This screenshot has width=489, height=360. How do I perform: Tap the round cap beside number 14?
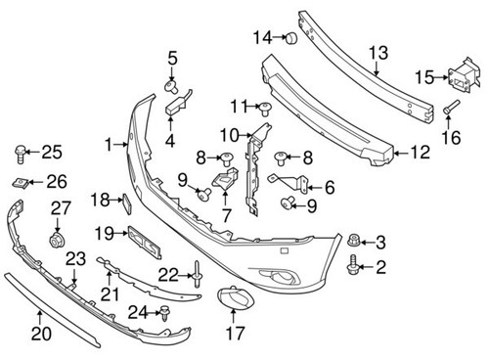point(289,38)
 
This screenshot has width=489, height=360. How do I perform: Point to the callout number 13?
point(378,52)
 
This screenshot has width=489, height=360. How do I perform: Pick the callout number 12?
point(419,152)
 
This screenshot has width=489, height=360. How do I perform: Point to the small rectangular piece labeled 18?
point(126,202)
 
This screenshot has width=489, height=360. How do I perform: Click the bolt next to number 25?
point(19,152)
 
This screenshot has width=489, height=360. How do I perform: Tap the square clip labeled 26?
point(23,181)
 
